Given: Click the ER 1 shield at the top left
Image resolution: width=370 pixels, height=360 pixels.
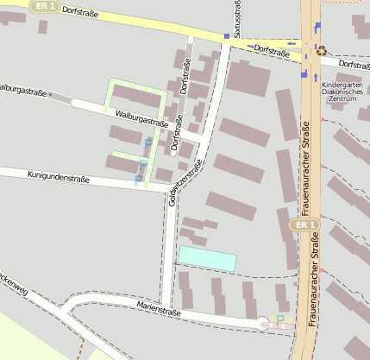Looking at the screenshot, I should (44, 5).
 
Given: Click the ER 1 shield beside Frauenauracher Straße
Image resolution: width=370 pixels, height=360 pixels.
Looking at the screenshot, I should (302, 224).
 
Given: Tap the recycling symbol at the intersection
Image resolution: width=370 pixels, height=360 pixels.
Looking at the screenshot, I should (322, 50).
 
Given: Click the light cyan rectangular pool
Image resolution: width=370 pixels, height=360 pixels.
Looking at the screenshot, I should (207, 258).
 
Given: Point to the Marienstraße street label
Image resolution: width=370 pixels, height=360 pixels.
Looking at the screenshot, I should (158, 308).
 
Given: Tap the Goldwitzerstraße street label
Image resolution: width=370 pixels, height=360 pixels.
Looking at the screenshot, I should (186, 182).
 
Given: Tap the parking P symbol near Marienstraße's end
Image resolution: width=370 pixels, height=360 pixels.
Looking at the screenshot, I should (279, 319).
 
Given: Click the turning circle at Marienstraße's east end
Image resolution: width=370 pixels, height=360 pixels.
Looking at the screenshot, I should (263, 324).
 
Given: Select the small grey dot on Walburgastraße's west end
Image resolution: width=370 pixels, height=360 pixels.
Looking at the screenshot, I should (51, 93).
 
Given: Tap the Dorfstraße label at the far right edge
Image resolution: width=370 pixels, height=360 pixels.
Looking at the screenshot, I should (354, 65).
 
